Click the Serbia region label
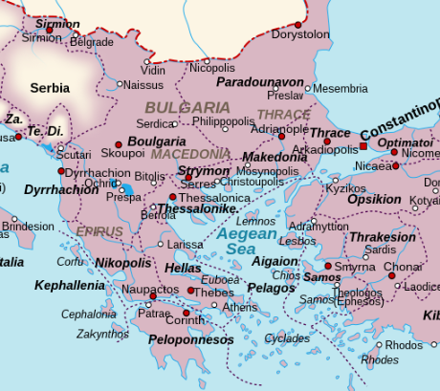tap(50, 88)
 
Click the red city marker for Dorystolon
tap(297, 24)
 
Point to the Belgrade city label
tap(91, 42)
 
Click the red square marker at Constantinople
tap(363, 146)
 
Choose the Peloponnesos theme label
tap(188, 339)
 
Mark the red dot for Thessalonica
tap(172, 197)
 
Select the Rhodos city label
tap(404, 344)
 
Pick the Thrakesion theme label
tap(383, 236)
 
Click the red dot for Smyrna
tap(329, 267)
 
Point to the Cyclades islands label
tap(286, 337)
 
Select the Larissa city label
tap(185, 245)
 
